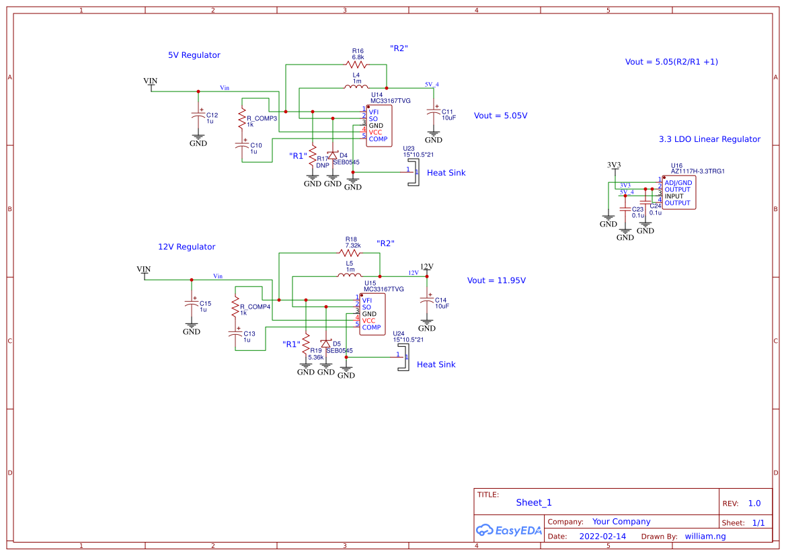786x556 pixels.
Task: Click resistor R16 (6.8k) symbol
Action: tap(357, 65)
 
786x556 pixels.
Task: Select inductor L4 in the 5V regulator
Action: tap(356, 87)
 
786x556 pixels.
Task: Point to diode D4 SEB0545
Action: tap(332, 155)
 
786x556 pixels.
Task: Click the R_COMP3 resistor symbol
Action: tap(241, 119)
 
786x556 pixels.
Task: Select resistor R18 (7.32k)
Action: tap(350, 253)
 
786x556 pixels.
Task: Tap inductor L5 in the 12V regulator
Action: tap(350, 276)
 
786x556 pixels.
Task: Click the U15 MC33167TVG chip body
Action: tap(372, 314)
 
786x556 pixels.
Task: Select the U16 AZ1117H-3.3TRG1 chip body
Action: tap(679, 193)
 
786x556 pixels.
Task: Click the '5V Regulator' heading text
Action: tap(194, 55)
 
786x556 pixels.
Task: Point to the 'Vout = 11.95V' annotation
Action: tap(496, 280)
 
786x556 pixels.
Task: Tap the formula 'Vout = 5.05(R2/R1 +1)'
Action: tap(671, 62)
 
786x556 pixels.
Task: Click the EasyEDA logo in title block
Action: tap(508, 530)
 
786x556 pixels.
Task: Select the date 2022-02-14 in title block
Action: tap(602, 537)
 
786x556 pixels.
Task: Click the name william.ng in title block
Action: tap(705, 537)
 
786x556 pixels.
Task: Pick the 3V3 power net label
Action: tap(614, 165)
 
